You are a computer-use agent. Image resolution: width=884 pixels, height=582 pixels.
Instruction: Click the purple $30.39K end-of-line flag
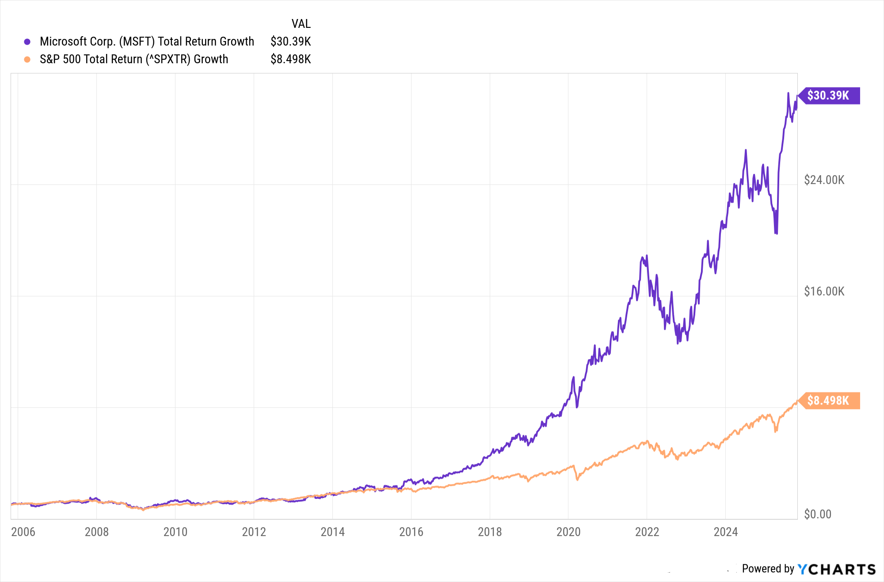point(829,96)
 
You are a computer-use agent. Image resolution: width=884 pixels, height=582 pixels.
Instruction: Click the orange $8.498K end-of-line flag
point(829,401)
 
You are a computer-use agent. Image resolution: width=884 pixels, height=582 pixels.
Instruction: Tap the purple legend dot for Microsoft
point(27,42)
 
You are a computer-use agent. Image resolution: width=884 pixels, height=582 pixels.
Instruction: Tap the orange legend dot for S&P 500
point(27,59)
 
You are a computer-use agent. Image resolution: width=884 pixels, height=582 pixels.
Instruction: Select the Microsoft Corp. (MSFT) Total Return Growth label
point(147,42)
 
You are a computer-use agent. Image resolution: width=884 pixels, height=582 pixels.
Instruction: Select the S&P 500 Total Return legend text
point(133,59)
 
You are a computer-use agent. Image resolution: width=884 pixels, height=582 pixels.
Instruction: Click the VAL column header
point(301,24)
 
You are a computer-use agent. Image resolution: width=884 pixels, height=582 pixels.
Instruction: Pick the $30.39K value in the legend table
point(290,42)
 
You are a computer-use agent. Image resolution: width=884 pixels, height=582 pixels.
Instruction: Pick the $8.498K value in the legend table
point(290,59)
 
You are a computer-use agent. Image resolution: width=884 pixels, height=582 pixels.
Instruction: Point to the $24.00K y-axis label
point(824,180)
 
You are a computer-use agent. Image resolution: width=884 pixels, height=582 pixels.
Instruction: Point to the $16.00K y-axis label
point(824,291)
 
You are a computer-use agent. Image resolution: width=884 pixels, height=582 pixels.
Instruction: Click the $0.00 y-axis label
point(817,514)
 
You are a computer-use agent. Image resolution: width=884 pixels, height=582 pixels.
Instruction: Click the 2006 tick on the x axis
point(23,532)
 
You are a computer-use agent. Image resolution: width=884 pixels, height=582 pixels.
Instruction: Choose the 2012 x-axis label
point(254,532)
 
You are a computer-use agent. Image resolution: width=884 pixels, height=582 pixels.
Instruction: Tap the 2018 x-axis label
point(490,532)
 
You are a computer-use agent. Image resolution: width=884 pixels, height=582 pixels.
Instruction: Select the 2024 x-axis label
point(726,532)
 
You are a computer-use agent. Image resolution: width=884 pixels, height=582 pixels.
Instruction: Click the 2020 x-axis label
point(568,532)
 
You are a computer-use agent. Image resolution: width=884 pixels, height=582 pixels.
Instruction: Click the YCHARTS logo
point(836,569)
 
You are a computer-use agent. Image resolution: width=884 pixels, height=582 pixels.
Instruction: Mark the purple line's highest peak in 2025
point(788,93)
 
